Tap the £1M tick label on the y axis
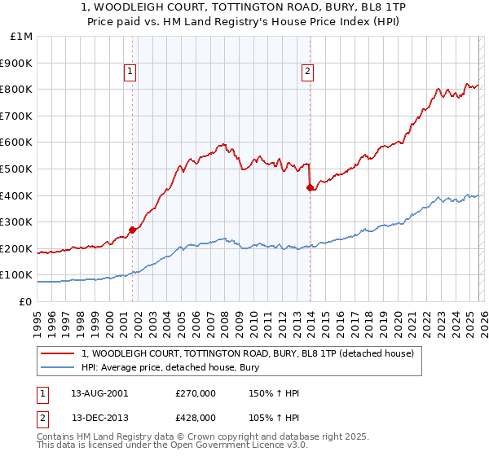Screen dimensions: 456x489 pyautogui.click(x=22, y=37)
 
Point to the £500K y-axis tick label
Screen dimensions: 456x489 pyautogui.click(x=19, y=169)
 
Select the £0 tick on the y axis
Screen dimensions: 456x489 pyautogui.click(x=26, y=301)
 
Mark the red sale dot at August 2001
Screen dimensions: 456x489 pyautogui.click(x=133, y=230)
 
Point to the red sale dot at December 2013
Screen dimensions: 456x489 pyautogui.click(x=310, y=188)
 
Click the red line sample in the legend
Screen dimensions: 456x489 pyautogui.click(x=59, y=353)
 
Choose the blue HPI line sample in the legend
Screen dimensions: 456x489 pyautogui.click(x=59, y=367)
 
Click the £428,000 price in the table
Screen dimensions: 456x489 pyautogui.click(x=195, y=417)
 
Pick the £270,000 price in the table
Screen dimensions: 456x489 pyautogui.click(x=195, y=393)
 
